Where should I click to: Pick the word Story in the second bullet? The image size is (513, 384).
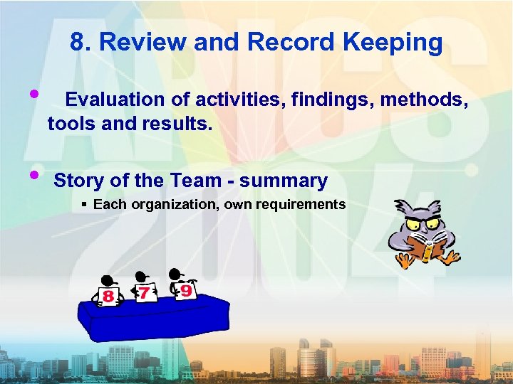tap(77, 181)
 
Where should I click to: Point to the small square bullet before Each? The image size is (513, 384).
tap(84, 205)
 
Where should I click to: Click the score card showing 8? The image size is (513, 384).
tap(108, 295)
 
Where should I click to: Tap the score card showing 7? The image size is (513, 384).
tap(145, 292)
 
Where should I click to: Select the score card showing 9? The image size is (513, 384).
tap(185, 289)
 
